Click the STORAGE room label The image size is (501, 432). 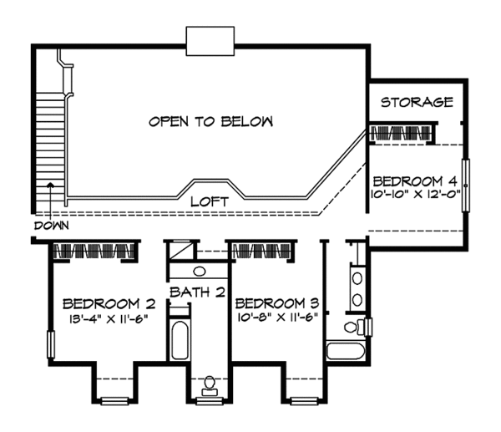pos(417,102)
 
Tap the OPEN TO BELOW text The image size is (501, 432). pos(211,121)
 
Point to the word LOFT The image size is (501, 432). pos(210,201)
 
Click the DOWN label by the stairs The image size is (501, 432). pos(52,226)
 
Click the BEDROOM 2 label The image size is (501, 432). pos(109,303)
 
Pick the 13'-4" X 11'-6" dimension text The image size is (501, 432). pos(109,318)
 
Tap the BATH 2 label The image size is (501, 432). pos(197,292)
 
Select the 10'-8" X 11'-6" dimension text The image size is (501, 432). pos(278,318)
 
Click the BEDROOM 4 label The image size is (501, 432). pos(415,181)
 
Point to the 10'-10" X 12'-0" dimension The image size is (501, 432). pos(415,194)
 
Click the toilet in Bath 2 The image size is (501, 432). pos(210,386)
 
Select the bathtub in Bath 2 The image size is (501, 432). pos(180,339)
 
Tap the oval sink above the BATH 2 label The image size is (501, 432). pos(200,272)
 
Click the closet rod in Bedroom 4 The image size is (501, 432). pos(400,134)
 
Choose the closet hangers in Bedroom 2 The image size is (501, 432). pos(95,251)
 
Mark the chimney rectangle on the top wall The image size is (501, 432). pos(210,41)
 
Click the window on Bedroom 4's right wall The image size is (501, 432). pos(466,186)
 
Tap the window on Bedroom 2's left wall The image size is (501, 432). pos(51,345)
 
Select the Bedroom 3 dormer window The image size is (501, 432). pos(304,401)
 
